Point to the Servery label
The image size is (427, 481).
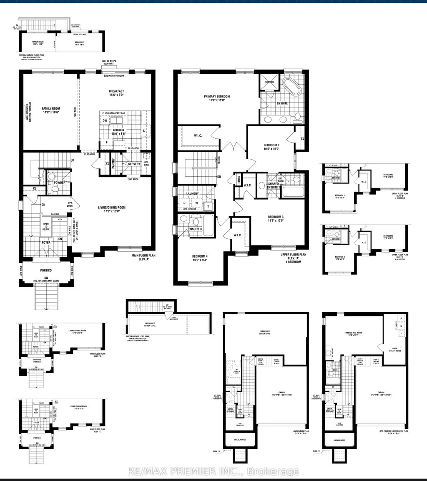[134, 164]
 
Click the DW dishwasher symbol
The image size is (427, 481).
[105, 120]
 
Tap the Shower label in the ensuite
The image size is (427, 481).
[270, 82]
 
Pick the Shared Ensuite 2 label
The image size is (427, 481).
[274, 185]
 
